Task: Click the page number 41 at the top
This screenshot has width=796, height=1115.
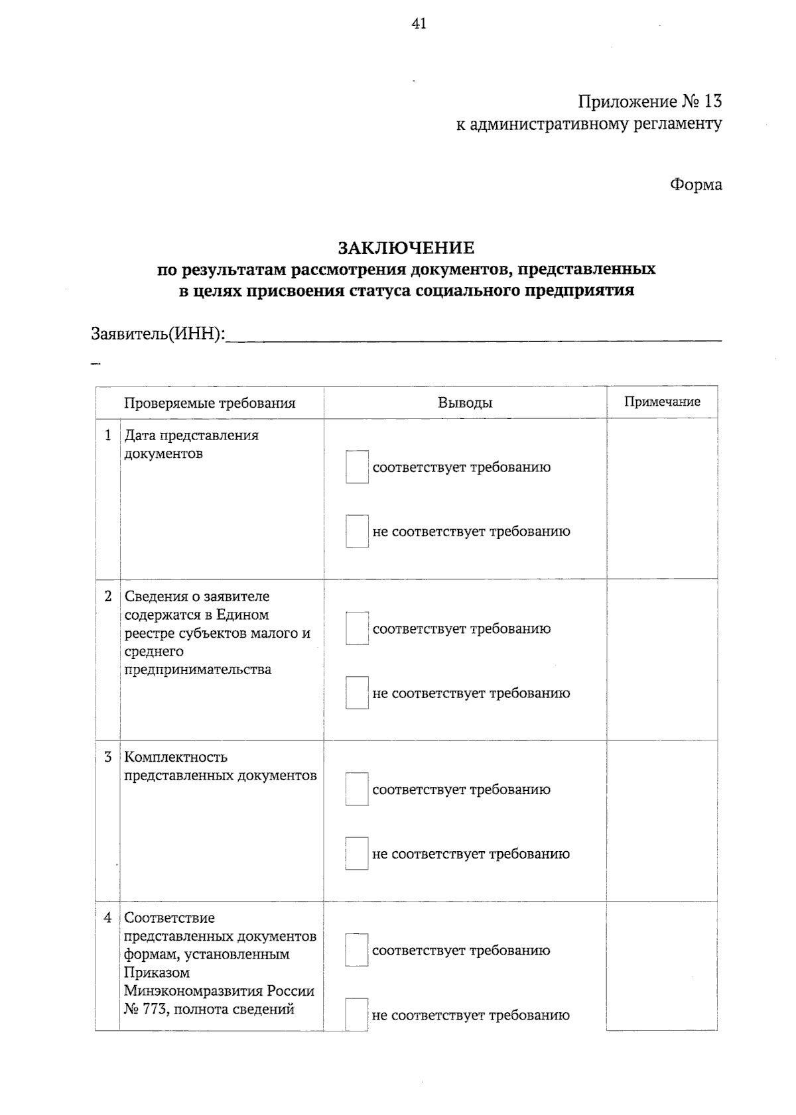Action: point(419,25)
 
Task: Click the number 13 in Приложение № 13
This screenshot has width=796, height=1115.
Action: point(712,101)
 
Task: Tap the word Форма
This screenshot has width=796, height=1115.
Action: point(695,184)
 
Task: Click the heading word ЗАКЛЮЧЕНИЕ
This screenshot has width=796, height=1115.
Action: point(406,248)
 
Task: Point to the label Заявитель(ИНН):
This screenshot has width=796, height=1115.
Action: point(158,333)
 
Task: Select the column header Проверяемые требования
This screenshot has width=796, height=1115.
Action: point(210,403)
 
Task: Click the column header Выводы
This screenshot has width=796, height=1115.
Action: point(465,402)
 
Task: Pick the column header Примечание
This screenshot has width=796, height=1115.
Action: point(662,402)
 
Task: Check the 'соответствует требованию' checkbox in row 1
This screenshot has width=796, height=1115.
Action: point(357,467)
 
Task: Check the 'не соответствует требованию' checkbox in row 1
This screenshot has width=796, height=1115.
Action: point(357,532)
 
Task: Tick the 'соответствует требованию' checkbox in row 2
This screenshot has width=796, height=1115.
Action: point(357,628)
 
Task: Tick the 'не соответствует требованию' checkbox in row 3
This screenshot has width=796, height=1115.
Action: point(356,854)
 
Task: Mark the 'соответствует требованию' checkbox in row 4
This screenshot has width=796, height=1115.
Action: point(356,951)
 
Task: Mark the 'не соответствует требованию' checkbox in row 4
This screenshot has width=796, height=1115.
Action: point(356,1015)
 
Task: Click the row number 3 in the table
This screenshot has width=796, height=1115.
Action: point(108,757)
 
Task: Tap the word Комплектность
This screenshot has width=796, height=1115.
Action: point(176,757)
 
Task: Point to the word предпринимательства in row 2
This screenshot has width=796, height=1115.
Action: point(198,670)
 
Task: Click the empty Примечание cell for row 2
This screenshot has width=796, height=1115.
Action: point(662,660)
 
